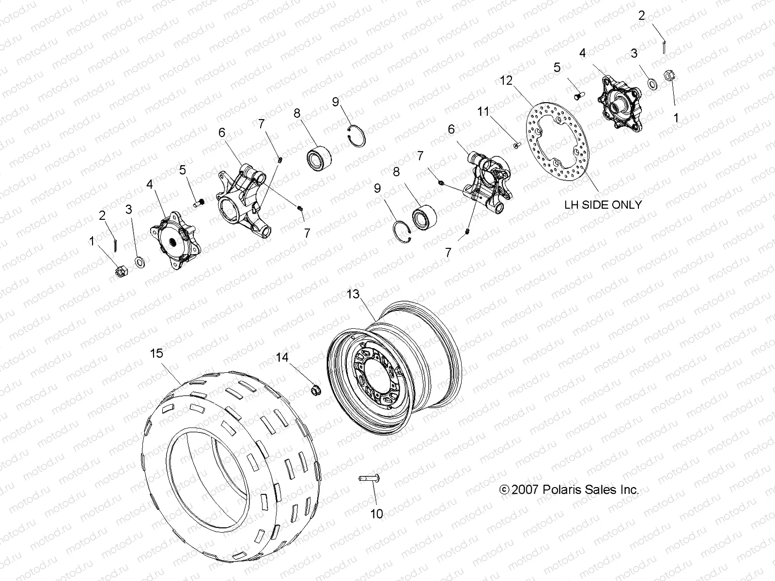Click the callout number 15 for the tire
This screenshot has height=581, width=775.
156,354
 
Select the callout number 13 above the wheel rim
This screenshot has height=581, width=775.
354,294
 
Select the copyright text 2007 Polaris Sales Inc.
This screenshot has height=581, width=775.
569,490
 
